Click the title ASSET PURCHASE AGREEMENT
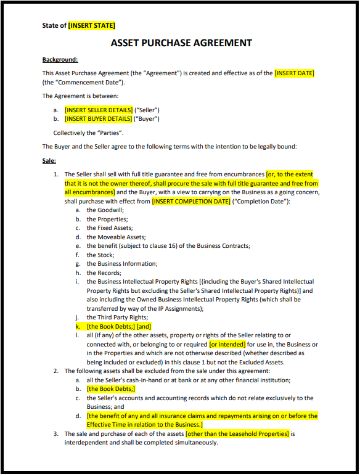tap(181, 43)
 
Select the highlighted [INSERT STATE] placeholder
tap(91, 25)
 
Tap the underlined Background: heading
tap(60, 60)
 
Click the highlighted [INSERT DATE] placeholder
tap(294, 73)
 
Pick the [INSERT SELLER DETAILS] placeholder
tap(99, 110)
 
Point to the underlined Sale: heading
tap(49, 160)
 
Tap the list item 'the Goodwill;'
tap(105, 210)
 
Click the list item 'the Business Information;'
tap(122, 264)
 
